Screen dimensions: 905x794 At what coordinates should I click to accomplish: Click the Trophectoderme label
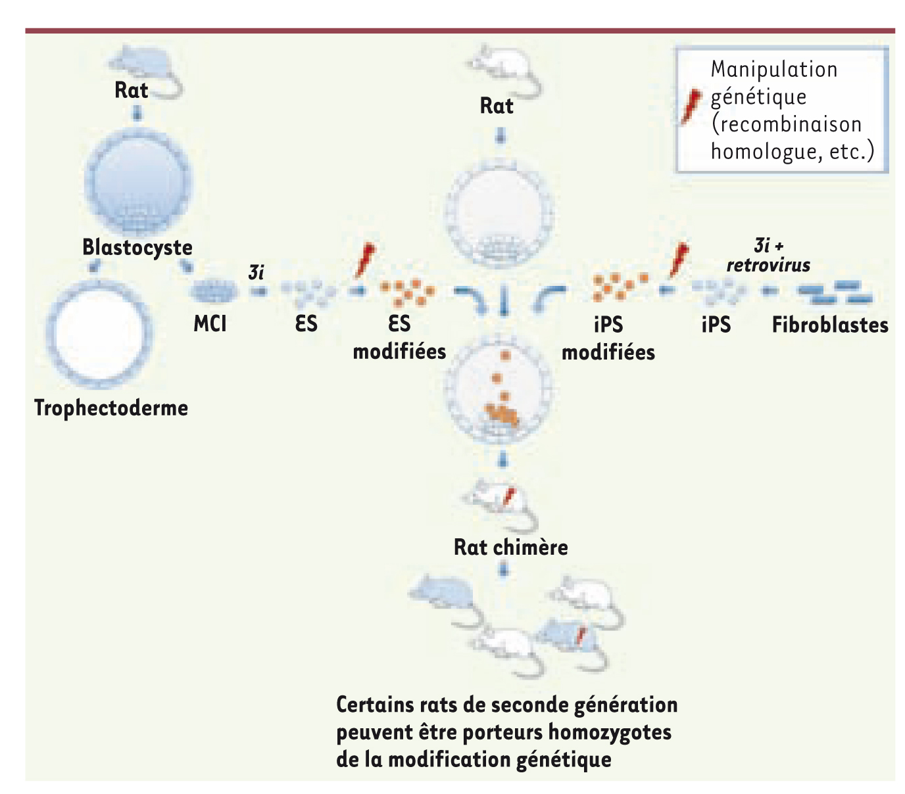111,408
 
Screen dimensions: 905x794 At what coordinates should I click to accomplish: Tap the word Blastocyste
137,248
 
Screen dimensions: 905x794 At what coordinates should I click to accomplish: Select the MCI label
210,324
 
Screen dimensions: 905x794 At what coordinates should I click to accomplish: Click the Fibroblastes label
830,325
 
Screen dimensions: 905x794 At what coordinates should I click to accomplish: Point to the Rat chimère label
510,547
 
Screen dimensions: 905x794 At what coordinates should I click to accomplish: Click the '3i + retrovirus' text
768,256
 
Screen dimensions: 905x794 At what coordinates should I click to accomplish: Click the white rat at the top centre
505,69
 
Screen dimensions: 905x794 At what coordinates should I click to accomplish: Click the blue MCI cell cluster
214,292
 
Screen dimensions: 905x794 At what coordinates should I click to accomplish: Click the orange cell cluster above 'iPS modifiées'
619,287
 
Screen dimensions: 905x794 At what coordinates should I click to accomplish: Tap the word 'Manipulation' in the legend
773,70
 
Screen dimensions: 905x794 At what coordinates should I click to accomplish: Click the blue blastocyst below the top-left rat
137,181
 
